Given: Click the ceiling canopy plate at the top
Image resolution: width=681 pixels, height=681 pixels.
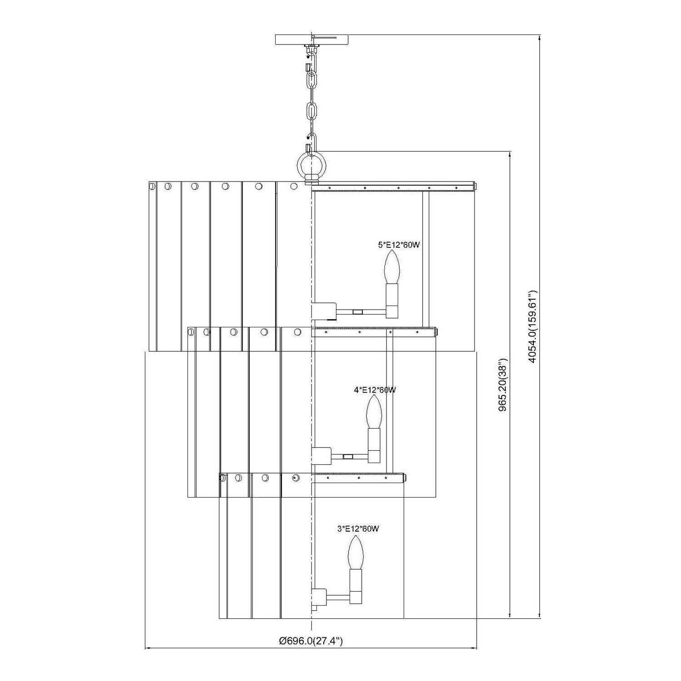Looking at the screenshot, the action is (x=312, y=39).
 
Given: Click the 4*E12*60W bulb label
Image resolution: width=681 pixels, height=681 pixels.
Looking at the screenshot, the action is (x=375, y=390).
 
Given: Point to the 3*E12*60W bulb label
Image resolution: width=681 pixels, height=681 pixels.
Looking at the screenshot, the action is (x=358, y=528).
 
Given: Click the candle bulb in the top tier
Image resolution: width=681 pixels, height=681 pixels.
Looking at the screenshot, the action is (x=391, y=267).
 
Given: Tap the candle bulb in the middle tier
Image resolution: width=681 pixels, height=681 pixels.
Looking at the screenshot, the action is (x=374, y=412).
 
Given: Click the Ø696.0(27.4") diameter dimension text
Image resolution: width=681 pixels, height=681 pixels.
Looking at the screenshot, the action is (x=311, y=642).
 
